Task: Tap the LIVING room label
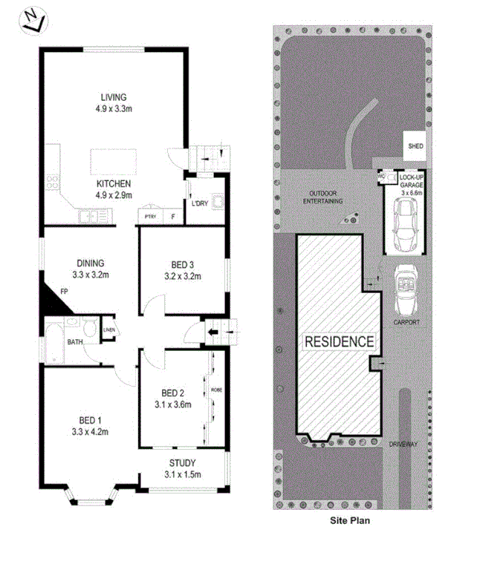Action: click(x=114, y=97)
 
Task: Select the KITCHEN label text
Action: click(x=114, y=183)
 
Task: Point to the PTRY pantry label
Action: click(x=151, y=217)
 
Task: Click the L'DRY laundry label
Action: click(x=199, y=203)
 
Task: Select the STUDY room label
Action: click(x=182, y=462)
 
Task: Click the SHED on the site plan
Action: click(x=415, y=146)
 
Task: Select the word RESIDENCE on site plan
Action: click(x=338, y=341)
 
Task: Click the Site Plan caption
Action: click(x=350, y=520)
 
